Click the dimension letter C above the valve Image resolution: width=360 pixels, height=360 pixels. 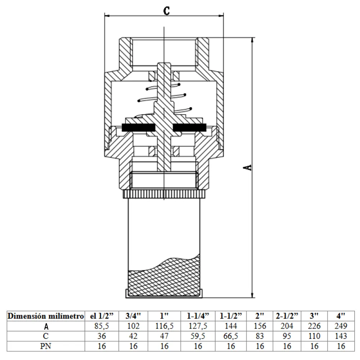[x=167, y=10]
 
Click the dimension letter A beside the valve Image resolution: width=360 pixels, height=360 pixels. [x=247, y=167]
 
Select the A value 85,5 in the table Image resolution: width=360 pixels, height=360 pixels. [x=102, y=326]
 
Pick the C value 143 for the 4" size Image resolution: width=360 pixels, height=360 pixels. [x=341, y=336]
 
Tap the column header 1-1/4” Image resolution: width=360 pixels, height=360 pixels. [x=198, y=316]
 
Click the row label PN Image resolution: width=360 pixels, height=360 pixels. [x=46, y=346]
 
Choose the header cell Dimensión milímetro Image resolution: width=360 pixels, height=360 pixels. [x=46, y=316]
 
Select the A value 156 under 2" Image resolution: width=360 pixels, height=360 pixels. [x=260, y=326]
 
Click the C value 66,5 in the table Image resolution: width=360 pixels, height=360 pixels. [x=231, y=336]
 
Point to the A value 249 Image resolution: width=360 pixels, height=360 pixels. [x=341, y=326]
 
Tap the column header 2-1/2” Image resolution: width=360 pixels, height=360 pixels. [x=287, y=316]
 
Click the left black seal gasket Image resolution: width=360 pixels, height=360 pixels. [x=139, y=127]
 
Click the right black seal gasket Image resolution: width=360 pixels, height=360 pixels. [x=189, y=127]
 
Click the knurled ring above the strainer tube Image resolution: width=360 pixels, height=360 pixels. [x=164, y=194]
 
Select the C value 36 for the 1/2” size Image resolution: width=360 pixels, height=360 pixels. [x=102, y=336]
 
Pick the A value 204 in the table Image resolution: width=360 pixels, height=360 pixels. [x=287, y=326]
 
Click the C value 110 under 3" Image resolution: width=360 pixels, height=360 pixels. [x=314, y=336]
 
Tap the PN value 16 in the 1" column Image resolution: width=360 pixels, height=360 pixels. [x=165, y=346]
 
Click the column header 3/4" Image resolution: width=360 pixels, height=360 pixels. [x=133, y=316]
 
